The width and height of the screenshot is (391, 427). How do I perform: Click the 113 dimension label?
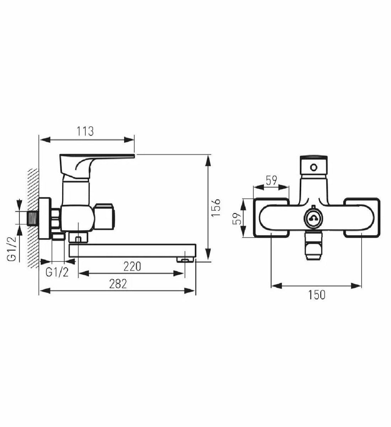tap(85, 131)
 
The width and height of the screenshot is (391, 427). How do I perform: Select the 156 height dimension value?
tap(216, 208)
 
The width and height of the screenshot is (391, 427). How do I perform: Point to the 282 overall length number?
tap(118, 284)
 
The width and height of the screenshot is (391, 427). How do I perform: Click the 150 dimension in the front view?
tap(317, 295)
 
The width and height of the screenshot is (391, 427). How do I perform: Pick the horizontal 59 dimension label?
tap(272, 180)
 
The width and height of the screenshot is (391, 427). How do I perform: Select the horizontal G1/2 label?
tap(57, 272)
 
